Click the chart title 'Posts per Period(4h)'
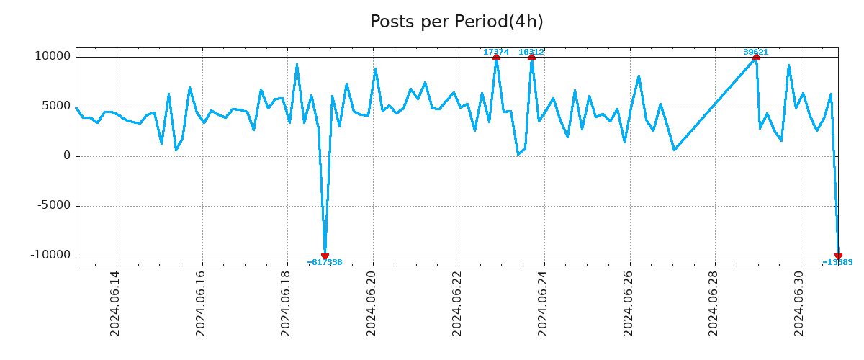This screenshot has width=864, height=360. [x=456, y=22]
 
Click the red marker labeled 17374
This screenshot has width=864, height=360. [x=496, y=57]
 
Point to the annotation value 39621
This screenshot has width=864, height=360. [x=755, y=52]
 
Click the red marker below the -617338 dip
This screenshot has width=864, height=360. [x=325, y=256]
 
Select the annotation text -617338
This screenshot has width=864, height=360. [x=325, y=263]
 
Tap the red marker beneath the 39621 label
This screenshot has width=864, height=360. [x=756, y=57]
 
